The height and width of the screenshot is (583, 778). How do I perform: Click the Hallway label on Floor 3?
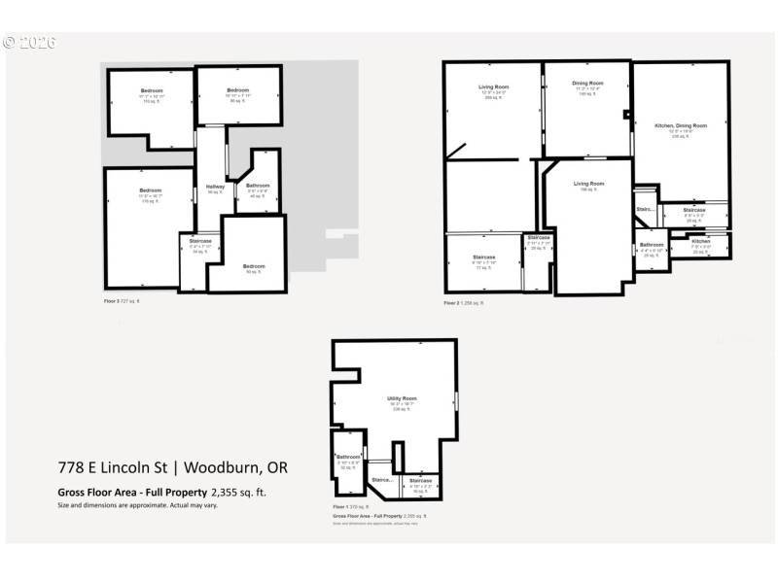215,188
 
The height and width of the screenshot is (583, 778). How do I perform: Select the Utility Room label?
405,399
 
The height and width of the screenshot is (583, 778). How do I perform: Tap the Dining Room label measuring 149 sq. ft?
587,84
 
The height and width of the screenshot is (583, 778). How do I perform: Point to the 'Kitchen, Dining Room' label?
680,126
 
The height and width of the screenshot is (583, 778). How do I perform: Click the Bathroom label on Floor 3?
258,186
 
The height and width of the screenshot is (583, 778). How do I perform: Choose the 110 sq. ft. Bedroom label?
150,91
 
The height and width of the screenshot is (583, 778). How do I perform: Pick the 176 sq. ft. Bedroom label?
150,190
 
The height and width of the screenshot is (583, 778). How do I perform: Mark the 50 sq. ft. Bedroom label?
253,266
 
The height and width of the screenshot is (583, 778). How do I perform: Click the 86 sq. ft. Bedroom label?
239,91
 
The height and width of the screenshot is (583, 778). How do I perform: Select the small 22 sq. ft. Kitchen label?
700,241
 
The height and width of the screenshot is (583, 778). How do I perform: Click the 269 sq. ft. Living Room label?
493,87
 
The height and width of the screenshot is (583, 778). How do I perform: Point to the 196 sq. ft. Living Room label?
588,185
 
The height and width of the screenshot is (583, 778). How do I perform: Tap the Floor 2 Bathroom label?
652,245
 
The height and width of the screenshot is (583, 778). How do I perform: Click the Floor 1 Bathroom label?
348,457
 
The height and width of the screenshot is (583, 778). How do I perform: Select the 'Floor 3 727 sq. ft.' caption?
123,302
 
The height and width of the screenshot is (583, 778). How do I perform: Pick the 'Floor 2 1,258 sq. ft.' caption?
462,303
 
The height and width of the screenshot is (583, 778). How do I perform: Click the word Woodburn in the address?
226,467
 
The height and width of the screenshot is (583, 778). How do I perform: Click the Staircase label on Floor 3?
200,241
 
